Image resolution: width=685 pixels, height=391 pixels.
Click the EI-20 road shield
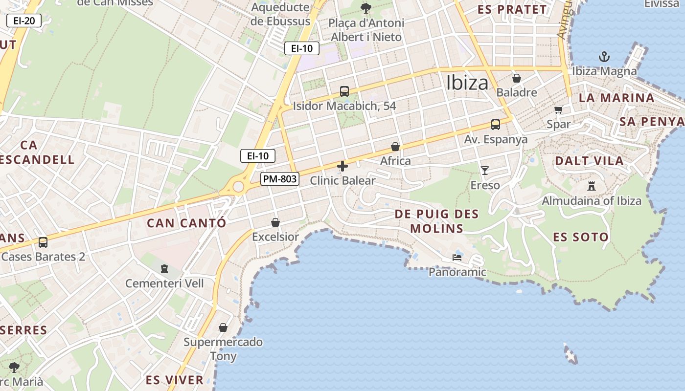click(23, 21)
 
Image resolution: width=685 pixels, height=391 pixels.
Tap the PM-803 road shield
click(279, 179)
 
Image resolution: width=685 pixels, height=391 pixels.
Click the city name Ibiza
click(467, 83)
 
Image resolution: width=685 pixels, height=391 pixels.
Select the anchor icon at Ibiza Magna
click(604, 56)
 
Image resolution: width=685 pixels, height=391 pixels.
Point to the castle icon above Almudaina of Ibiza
click(592, 186)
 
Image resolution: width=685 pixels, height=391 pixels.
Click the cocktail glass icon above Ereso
click(484, 170)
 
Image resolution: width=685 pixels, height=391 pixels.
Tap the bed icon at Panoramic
click(457, 257)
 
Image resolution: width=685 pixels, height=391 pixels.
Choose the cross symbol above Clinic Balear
click(342, 166)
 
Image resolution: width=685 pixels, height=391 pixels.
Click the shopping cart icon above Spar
click(558, 109)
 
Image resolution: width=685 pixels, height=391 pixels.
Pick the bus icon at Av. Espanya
click(495, 125)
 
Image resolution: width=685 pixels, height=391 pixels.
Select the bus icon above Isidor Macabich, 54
click(344, 91)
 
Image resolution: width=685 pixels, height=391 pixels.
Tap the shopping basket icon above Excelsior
click(275, 222)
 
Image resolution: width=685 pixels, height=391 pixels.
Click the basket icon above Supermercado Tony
click(223, 327)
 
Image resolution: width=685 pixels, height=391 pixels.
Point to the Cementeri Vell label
click(164, 283)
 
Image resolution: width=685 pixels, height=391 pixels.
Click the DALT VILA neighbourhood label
click(589, 161)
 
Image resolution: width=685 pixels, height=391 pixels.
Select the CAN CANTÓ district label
click(186, 223)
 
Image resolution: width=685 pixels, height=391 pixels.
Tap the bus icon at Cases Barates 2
click(43, 242)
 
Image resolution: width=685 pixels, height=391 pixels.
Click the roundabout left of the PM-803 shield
click(238, 186)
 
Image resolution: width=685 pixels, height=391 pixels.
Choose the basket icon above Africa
click(395, 147)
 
